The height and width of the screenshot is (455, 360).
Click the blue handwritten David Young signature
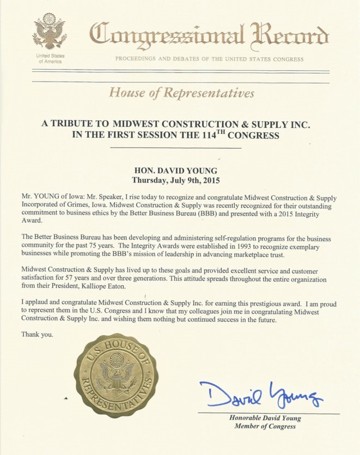pos(260,396)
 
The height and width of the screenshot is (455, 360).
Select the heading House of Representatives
pos(181,93)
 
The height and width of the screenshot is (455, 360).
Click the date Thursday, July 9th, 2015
pos(179,179)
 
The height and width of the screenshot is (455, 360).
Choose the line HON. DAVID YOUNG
pos(179,169)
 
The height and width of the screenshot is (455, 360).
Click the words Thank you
pos(37,334)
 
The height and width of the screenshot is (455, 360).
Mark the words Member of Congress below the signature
pos(265,427)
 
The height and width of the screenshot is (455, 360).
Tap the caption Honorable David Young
pos(265,418)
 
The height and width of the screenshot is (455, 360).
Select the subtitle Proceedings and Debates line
pos(209,59)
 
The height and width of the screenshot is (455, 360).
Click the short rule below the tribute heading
pos(179,148)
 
